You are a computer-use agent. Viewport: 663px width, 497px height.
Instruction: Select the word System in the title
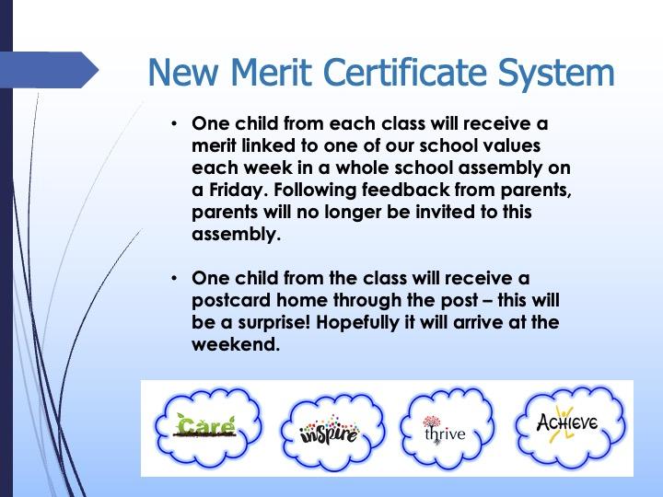[555, 74]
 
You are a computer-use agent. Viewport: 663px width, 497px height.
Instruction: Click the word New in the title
[183, 72]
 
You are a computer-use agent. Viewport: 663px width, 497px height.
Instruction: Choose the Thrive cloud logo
[446, 428]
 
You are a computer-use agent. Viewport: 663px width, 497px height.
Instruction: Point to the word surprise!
[274, 323]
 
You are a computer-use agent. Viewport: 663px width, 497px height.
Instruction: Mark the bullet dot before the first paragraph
[174, 124]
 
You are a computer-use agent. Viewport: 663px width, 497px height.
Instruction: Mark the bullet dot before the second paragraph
[174, 279]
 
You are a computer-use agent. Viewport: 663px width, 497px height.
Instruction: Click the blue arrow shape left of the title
[49, 70]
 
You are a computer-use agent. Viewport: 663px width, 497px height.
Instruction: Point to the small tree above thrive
[431, 421]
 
